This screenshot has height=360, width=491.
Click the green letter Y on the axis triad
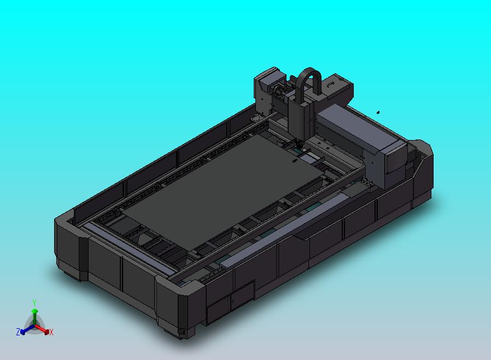34,303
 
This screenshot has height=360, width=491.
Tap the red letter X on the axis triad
51,332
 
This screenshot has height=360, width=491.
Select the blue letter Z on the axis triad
18,332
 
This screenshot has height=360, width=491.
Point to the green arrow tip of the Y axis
35,311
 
